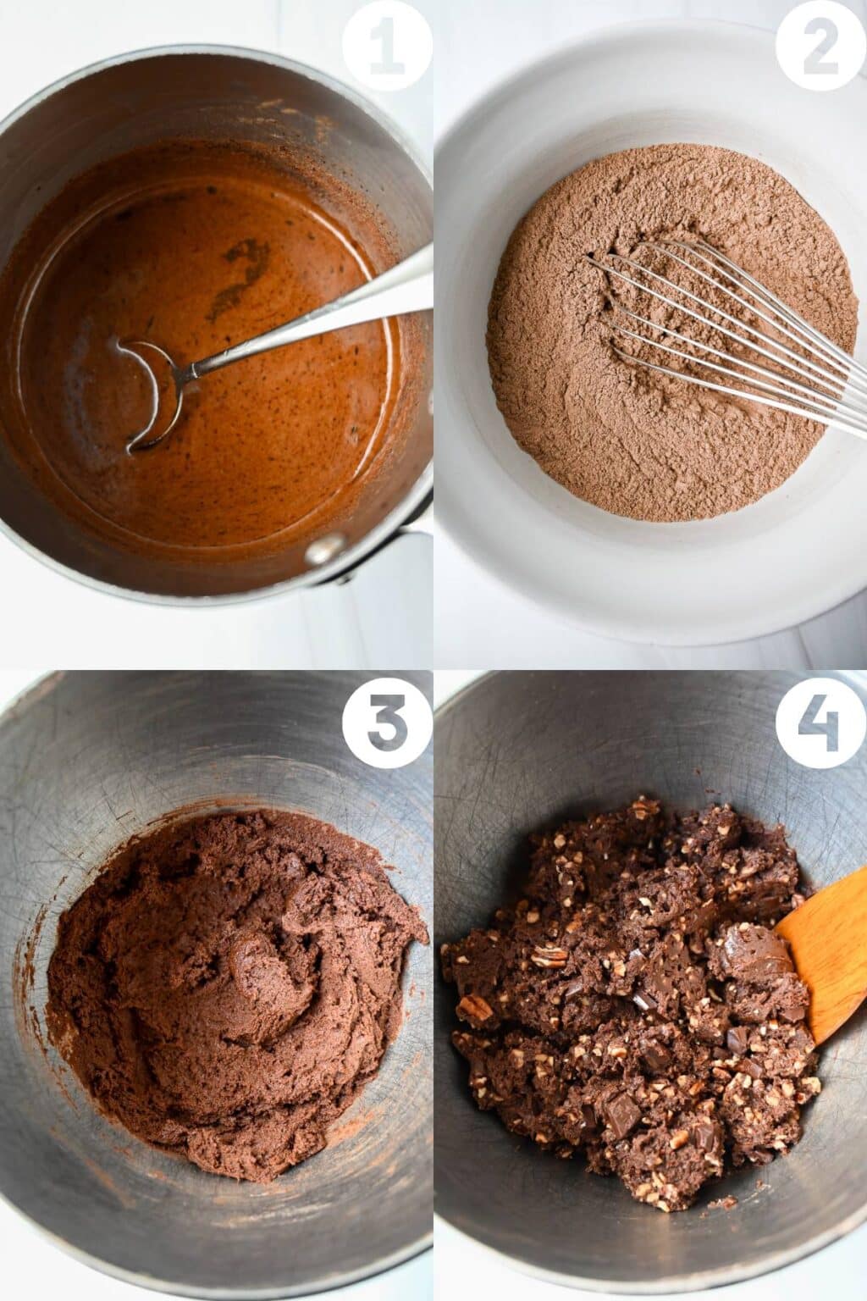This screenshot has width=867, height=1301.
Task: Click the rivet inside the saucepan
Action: (320, 551)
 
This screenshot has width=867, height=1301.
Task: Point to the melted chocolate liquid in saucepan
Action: (254, 424)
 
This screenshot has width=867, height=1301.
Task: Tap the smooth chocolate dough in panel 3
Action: (169, 974)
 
